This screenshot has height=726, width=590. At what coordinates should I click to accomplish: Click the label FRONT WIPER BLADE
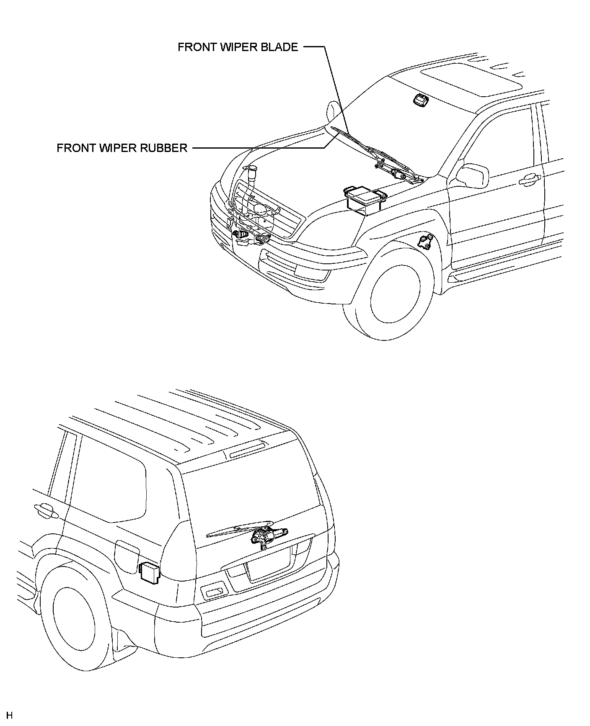pyautogui.click(x=238, y=47)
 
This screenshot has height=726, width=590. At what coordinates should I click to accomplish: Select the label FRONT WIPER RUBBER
pyautogui.click(x=122, y=148)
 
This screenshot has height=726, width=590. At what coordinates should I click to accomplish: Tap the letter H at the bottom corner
pyautogui.click(x=9, y=715)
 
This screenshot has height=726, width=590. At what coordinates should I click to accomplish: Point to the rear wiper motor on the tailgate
pyautogui.click(x=263, y=536)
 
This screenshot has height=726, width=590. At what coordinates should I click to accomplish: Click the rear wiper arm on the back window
pyautogui.click(x=235, y=530)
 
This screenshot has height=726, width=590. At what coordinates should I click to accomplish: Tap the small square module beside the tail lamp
pyautogui.click(x=148, y=572)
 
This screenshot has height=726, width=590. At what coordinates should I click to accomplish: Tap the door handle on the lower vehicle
pyautogui.click(x=45, y=510)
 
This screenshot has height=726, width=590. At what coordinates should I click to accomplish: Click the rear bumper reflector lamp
pyautogui.click(x=214, y=591)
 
